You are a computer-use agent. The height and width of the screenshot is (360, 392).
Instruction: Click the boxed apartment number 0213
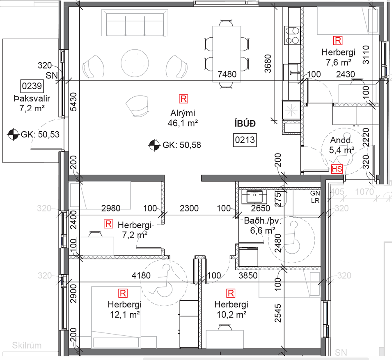[x=245, y=140]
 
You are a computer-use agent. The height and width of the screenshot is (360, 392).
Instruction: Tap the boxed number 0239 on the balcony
[x=32, y=86]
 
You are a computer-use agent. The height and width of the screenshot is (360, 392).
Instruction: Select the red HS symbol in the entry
[x=337, y=169]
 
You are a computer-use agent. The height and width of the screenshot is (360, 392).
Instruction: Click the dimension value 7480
[x=227, y=74]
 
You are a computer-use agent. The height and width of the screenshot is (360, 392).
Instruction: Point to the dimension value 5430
[x=73, y=101]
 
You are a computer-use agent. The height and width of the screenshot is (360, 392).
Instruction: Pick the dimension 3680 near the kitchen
[x=268, y=64]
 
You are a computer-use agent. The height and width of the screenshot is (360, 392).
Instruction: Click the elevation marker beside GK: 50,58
[x=154, y=145]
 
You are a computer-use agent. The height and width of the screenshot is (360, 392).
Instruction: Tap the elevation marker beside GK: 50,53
[x=13, y=135]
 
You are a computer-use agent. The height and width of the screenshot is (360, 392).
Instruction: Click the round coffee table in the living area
[x=135, y=62]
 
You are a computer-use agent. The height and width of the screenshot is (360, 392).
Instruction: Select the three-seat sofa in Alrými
[x=135, y=23]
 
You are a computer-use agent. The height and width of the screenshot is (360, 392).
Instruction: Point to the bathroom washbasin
[x=254, y=196]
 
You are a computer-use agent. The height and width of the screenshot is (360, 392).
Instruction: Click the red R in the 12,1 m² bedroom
[x=123, y=293]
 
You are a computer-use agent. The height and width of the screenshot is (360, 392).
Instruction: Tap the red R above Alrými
[x=183, y=99]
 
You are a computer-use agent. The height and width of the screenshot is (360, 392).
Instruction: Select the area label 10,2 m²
[x=232, y=314]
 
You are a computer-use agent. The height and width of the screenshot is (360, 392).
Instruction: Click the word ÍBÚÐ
[x=245, y=124]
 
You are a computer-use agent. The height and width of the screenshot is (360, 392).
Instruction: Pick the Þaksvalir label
[x=32, y=99]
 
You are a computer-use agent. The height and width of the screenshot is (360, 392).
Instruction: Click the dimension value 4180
[x=141, y=275]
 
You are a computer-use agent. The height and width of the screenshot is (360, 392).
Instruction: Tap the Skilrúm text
[x=27, y=345]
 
